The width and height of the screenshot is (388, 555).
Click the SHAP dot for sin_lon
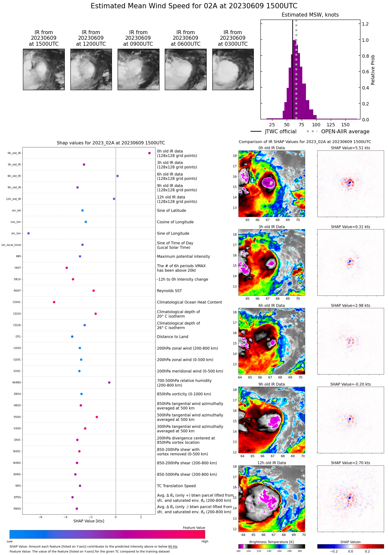point(28,233)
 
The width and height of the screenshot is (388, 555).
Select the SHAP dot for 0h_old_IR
point(149,153)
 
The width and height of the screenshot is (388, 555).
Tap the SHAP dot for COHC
point(54,302)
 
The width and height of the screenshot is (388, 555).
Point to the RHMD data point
point(109,383)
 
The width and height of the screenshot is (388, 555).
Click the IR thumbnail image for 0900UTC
point(138,70)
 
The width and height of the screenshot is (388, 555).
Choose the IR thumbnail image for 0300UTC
point(233,70)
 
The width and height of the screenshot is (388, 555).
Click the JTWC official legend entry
point(273,132)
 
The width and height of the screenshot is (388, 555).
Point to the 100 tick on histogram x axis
point(316,125)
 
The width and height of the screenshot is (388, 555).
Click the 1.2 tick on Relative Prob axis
point(365,24)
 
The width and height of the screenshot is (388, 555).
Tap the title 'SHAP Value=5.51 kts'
point(350,148)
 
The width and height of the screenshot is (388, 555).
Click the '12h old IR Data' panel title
point(271,463)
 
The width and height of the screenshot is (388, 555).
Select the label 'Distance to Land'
point(172,337)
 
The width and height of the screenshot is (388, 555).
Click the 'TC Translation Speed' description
point(176,486)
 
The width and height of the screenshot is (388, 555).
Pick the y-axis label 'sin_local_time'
point(11,245)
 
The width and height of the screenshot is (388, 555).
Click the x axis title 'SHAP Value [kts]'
point(89,521)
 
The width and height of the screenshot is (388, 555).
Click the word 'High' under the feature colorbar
point(205,541)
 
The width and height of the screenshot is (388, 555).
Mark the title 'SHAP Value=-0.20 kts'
point(350,384)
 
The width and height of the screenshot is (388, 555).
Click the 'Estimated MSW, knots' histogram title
point(310,15)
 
